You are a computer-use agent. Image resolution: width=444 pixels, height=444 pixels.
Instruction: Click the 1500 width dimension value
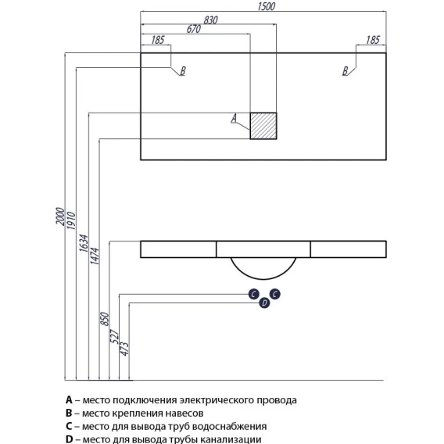click(x=267, y=6)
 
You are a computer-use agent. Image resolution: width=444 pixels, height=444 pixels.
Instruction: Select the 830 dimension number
click(x=211, y=20)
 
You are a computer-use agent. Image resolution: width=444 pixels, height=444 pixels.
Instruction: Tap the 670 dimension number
click(x=194, y=29)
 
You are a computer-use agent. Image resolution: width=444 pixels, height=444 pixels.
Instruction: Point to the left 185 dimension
click(x=158, y=40)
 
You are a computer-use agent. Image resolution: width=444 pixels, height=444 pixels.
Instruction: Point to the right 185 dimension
click(x=373, y=40)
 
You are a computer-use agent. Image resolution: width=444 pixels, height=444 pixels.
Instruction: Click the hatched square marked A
click(x=263, y=126)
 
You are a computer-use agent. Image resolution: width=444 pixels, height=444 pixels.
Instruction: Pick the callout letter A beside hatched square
click(x=234, y=118)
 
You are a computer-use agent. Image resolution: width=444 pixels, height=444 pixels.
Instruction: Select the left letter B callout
click(x=183, y=71)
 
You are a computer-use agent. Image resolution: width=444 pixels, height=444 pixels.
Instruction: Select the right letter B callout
click(x=345, y=71)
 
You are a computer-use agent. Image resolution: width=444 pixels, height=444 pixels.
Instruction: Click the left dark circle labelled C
click(x=254, y=294)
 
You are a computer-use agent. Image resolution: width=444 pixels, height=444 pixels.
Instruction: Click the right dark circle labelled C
click(x=275, y=294)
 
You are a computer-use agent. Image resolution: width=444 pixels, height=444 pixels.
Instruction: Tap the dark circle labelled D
click(x=264, y=303)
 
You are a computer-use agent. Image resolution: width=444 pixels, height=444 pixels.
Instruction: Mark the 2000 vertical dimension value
click(x=60, y=217)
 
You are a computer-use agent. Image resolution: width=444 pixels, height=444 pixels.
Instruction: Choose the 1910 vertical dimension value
click(x=71, y=220)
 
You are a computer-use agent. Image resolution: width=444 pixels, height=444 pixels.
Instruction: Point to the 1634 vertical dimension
click(x=84, y=243)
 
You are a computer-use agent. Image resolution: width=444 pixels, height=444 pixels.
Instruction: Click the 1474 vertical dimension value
click(x=95, y=256)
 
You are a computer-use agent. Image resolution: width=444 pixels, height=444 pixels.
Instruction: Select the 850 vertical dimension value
click(x=105, y=319)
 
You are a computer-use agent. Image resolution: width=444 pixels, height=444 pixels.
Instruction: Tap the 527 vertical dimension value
click(x=114, y=336)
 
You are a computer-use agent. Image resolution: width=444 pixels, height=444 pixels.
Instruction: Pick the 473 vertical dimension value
click(x=124, y=349)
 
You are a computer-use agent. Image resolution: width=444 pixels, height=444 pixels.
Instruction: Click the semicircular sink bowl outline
click(x=263, y=279)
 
